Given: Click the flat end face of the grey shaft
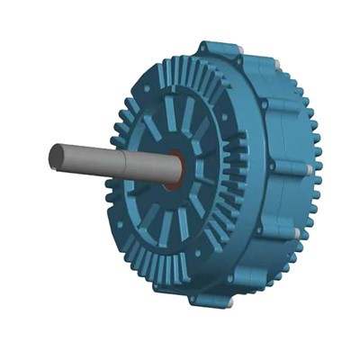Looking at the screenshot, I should coord(56,157).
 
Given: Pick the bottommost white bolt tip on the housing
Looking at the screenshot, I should coord(229,303).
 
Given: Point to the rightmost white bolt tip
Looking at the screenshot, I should coord(309,169).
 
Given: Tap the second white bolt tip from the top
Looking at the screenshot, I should coord(278,63).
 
